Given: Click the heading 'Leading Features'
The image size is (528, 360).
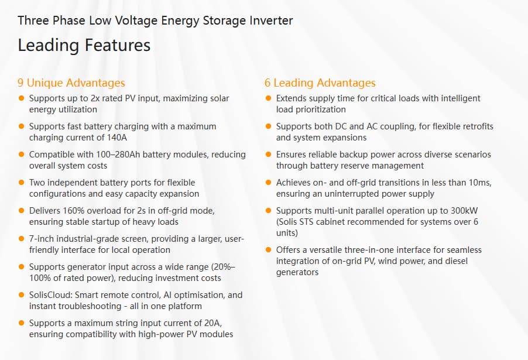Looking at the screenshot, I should [x=84, y=45].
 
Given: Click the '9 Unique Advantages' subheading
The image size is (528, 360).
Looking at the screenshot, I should [x=71, y=83].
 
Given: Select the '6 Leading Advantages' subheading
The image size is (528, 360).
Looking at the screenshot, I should [x=320, y=83].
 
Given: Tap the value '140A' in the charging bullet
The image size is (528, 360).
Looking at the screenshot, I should [x=116, y=138].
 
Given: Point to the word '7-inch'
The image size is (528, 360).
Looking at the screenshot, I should [x=42, y=239].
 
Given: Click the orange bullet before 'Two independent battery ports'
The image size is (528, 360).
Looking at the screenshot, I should [x=22, y=183].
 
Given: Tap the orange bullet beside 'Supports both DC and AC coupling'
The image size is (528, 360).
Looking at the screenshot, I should [x=269, y=126].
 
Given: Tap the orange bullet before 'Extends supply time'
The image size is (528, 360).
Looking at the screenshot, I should [x=269, y=98].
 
